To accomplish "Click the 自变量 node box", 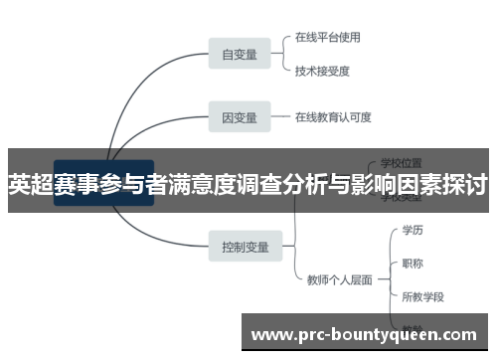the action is click(239, 55).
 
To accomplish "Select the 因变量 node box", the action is click(239, 117).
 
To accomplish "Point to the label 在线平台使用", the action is click(327, 38).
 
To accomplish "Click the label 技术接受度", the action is click(322, 71).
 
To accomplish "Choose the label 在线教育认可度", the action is click(333, 117).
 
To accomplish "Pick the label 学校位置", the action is click(402, 161).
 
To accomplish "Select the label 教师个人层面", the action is click(339, 279).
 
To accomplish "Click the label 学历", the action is click(412, 230).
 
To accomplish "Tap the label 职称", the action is click(412, 264).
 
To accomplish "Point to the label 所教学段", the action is click(422, 296).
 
